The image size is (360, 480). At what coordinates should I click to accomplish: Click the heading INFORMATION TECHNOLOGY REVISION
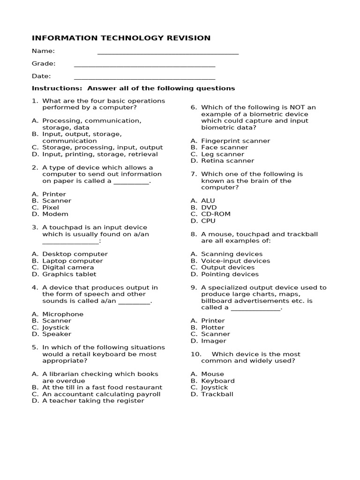[x=121, y=38]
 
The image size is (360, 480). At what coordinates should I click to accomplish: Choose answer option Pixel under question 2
[x=51, y=207]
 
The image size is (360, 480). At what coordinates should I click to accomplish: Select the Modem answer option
[x=55, y=214]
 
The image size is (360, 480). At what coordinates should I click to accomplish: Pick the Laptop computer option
[x=72, y=261]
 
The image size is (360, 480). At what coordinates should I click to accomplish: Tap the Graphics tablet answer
[x=69, y=274]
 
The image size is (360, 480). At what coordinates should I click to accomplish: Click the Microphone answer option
[x=63, y=314]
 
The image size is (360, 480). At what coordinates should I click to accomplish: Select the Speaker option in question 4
[x=57, y=334]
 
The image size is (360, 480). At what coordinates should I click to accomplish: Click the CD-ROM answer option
[x=216, y=214]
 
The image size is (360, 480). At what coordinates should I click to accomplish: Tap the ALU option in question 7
[x=208, y=201]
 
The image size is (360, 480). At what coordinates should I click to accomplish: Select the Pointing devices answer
[x=230, y=274]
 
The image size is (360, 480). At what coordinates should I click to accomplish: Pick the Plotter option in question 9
[x=213, y=328]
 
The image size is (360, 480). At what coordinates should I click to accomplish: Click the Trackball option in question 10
[x=217, y=394]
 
